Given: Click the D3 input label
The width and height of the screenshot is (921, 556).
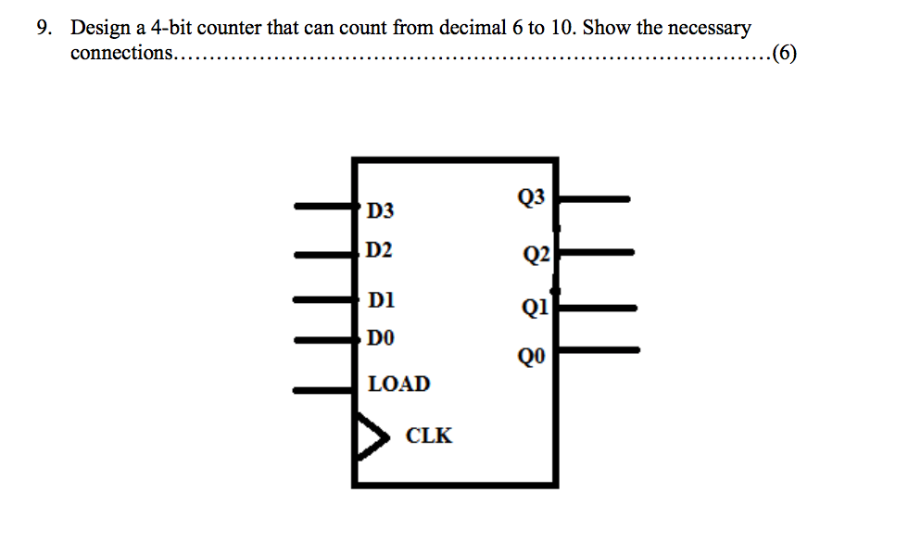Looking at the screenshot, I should (379, 211).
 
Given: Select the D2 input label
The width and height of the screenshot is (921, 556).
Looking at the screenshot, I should (379, 250).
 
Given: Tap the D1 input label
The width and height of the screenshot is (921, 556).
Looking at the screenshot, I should (380, 300).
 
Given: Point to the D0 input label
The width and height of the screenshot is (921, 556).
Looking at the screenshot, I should (380, 338).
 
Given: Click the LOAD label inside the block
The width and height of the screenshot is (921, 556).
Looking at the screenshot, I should (399, 384).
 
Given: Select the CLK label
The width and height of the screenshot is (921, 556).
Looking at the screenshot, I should (429, 436).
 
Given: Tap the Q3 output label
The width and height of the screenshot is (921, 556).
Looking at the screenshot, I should (533, 196).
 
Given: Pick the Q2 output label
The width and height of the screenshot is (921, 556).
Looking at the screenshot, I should (536, 255).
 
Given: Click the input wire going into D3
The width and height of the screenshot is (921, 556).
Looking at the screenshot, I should (324, 208).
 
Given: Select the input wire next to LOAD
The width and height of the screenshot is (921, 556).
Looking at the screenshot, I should (324, 390).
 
